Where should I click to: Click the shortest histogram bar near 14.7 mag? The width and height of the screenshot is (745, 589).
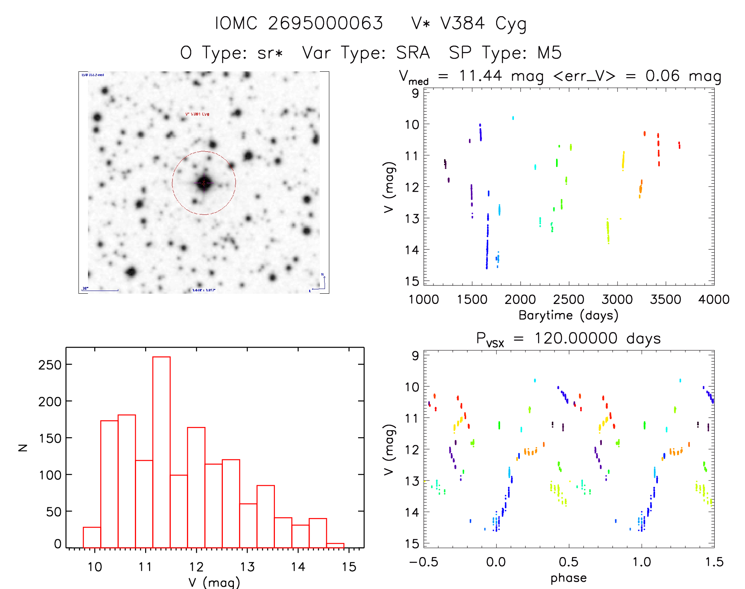335,546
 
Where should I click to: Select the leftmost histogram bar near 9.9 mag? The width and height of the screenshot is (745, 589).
92,537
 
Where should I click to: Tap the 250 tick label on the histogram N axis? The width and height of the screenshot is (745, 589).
50,365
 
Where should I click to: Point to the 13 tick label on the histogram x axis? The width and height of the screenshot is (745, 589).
247,567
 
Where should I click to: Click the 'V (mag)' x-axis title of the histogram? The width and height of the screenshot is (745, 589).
214,582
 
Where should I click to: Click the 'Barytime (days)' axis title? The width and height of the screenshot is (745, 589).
568,315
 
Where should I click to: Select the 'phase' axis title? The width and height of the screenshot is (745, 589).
568,578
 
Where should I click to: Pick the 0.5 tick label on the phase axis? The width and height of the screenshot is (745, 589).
568,562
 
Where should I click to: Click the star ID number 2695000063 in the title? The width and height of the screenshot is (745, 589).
325,23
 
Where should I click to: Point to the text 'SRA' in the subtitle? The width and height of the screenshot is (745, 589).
413,53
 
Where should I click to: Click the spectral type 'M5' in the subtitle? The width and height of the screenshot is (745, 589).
549,53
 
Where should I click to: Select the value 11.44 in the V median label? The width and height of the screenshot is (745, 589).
480,76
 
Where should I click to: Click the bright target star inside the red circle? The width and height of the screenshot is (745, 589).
204,183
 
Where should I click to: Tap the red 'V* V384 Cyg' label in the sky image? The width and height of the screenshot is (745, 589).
197,114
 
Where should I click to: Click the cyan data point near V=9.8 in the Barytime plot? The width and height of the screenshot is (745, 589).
513,118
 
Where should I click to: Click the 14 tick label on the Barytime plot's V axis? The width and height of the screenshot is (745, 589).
412,250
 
